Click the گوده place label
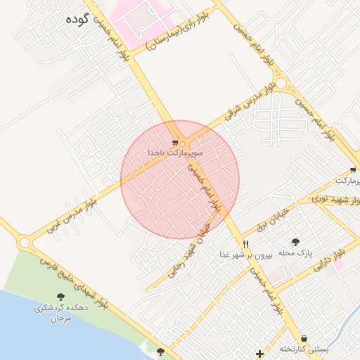75,20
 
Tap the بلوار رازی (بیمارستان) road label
172,34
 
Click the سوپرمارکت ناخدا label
175,152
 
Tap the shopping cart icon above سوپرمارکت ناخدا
175,141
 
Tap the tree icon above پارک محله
295,241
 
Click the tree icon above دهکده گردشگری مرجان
60,298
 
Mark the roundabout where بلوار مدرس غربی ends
25,243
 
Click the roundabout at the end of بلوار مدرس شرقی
283,84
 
